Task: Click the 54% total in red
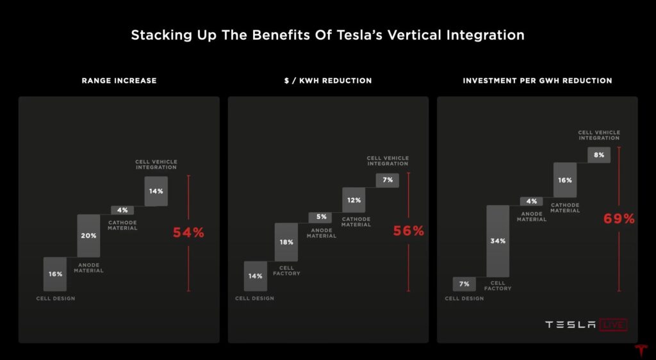pos(188,233)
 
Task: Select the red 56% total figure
pos(409,231)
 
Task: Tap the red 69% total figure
pos(619,218)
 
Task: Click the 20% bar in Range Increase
pos(88,236)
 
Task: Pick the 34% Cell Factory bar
pos(498,241)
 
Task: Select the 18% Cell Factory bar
pos(286,242)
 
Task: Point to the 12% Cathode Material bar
pos(354,200)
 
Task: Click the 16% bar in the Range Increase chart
pos(55,274)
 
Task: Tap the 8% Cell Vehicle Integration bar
pos(599,154)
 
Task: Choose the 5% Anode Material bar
pos(321,217)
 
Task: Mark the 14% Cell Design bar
pos(255,276)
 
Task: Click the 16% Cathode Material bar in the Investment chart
pos(565,181)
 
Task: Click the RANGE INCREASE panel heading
pos(119,81)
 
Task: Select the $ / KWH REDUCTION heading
pos(328,81)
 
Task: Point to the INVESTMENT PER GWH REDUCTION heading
pos(537,81)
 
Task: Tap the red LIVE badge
pos(613,325)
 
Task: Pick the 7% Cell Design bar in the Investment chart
pos(464,284)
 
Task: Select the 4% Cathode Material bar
pos(122,210)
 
